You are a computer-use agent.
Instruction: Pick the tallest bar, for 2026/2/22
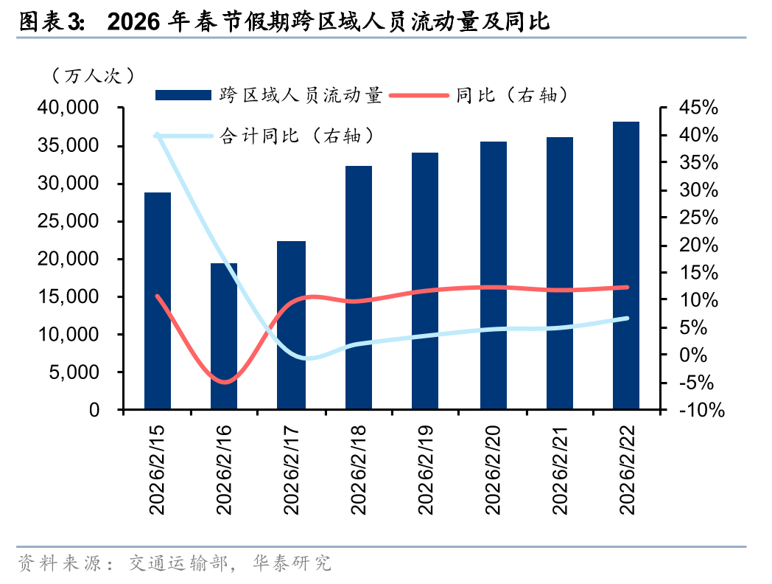pos(626,265)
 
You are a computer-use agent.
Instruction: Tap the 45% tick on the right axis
pos(698,108)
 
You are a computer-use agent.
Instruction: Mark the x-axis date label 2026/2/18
pos(359,469)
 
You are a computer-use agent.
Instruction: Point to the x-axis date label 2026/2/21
pos(559,469)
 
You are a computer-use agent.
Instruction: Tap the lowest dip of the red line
pos(225,381)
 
